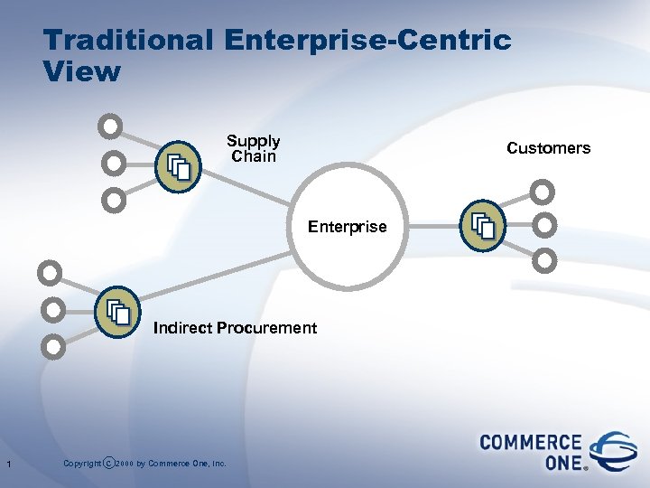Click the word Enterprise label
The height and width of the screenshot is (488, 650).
tap(347, 227)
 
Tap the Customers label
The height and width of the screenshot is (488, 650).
tap(548, 148)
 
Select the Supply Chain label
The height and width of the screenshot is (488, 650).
tap(253, 149)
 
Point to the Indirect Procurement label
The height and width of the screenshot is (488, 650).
tap(235, 328)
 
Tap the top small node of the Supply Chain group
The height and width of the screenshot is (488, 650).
tap(110, 127)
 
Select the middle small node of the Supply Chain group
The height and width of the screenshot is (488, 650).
tap(113, 164)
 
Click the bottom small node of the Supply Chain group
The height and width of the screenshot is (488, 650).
tap(113, 199)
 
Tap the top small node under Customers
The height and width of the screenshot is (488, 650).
tap(542, 192)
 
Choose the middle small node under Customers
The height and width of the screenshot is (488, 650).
tap(545, 224)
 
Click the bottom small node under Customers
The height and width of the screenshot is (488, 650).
tap(544, 260)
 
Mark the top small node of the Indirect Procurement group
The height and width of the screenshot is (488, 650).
tap(51, 271)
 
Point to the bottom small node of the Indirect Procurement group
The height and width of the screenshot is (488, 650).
tap(53, 345)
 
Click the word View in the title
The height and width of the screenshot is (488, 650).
tap(80, 72)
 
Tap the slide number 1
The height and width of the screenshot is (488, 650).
tap(7, 465)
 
